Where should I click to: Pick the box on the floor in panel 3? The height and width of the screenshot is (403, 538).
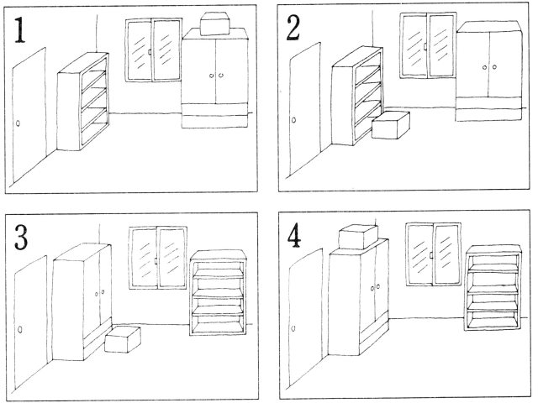coord(123,339)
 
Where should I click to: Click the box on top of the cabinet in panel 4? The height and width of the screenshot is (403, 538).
coord(357,237)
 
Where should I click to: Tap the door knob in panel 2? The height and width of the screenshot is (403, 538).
coord(293,120)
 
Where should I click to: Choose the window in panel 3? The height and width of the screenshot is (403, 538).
coord(158,257)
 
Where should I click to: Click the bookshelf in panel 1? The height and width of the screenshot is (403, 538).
coord(83,100)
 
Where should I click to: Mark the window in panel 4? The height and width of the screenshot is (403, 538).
coord(432,253)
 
